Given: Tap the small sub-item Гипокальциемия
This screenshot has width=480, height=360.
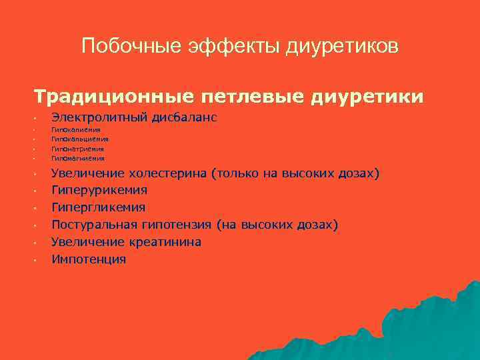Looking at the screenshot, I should (x=80, y=139).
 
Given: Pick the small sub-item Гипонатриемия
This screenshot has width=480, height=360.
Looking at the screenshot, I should (x=78, y=149).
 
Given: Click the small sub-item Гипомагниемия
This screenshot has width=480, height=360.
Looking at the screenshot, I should (x=78, y=159).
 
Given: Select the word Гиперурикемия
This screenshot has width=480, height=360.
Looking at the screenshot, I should (x=99, y=191).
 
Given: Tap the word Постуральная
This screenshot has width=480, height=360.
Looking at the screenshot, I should (x=94, y=225).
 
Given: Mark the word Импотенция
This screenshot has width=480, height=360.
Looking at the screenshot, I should (x=89, y=259).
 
